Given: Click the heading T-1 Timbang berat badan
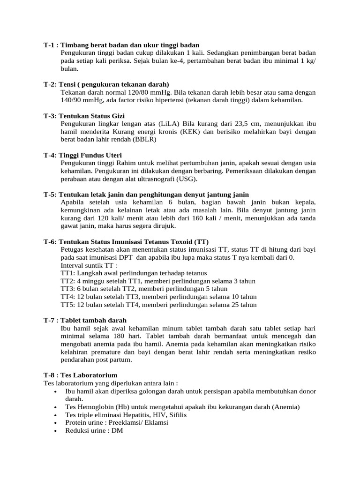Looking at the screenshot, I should pyautogui.click(x=122, y=45).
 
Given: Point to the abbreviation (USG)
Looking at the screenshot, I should pyautogui.click(x=187, y=179).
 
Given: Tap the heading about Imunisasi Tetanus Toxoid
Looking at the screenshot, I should pyautogui.click(x=126, y=242).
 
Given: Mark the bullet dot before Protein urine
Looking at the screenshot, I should pyautogui.click(x=56, y=423).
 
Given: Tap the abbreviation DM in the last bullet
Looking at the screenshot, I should pyautogui.click(x=117, y=430).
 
